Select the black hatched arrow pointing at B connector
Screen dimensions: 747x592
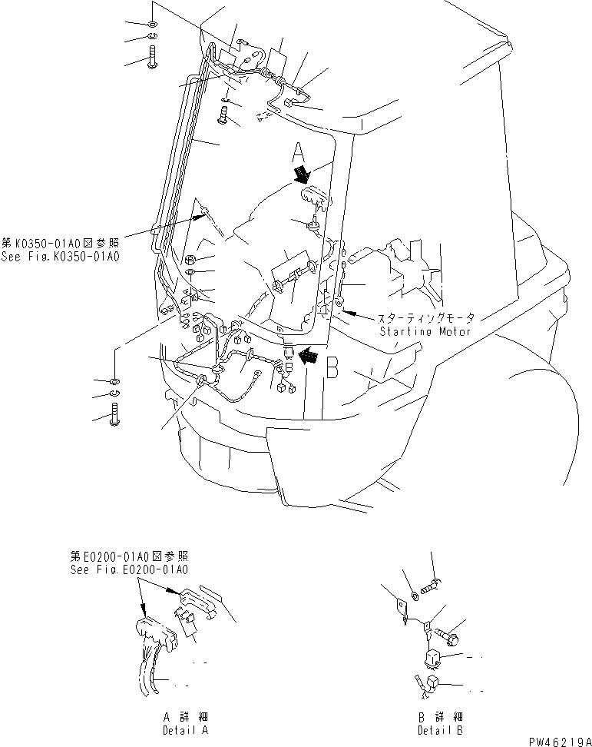pos(309,355)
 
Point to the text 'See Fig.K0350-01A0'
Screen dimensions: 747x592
pos(60,257)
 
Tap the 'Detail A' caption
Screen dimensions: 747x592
pos(185,730)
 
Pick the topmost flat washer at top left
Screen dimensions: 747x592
pos(152,23)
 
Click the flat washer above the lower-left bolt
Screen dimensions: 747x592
pos(114,381)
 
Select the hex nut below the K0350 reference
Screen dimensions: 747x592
pos(190,259)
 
